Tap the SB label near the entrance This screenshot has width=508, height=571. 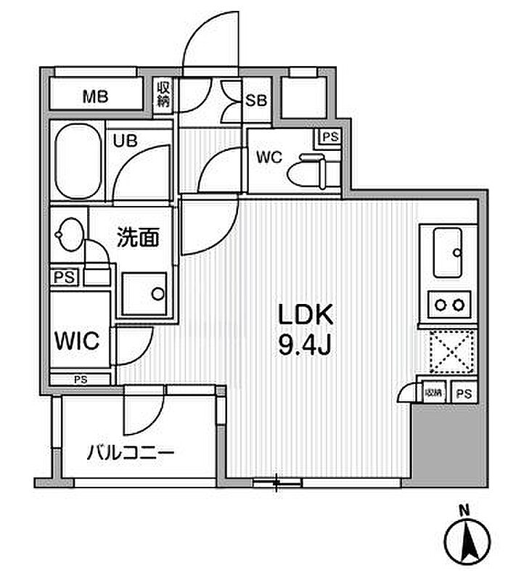click(x=255, y=99)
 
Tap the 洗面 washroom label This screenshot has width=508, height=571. click(x=138, y=237)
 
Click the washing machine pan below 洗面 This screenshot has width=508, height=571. click(x=144, y=293)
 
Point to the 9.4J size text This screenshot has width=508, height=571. click(x=306, y=347)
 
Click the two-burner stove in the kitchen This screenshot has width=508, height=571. click(x=448, y=305)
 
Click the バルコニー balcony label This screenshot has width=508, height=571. click(x=131, y=453)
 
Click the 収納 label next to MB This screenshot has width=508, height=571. click(x=164, y=95)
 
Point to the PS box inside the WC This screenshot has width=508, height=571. click(x=329, y=136)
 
